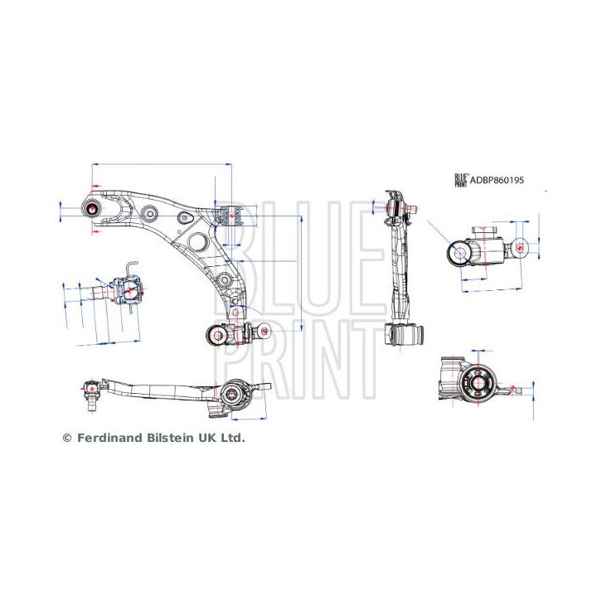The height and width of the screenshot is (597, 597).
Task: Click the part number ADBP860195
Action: coord(498,179)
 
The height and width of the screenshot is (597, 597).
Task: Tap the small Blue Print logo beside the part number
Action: coord(460,179)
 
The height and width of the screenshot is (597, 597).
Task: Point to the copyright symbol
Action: coord(67,437)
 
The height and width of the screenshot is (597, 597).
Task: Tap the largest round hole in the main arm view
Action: coord(197,242)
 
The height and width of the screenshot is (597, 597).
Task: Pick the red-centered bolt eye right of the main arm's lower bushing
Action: coord(265,332)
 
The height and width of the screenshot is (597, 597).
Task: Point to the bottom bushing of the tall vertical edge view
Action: coord(405,334)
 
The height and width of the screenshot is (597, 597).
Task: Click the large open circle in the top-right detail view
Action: coord(459,253)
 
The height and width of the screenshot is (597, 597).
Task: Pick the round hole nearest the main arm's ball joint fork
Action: coord(149,212)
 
